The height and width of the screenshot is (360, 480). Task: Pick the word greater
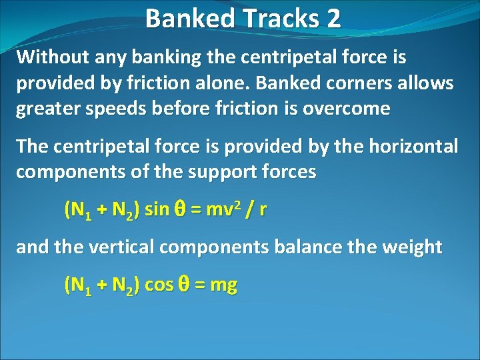point(44,109)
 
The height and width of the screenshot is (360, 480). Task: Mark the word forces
point(287,171)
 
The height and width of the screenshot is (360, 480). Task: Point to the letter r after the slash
point(263,211)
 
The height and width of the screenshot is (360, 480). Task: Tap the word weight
point(409,247)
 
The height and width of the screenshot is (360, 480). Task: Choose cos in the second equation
point(159,285)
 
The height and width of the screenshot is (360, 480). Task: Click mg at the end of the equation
point(223,287)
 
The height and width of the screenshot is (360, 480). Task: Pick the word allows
point(423,83)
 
